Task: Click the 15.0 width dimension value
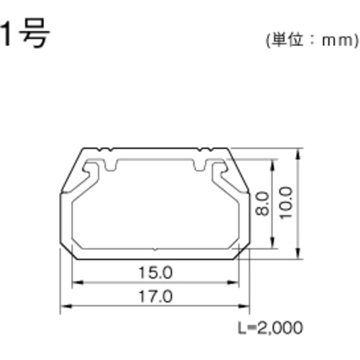click(x=156, y=273)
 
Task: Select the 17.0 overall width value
click(x=156, y=297)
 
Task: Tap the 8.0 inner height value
click(x=262, y=204)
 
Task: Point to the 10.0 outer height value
click(x=286, y=203)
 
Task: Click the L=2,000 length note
click(x=270, y=328)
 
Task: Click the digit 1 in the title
click(x=6, y=33)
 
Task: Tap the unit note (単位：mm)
click(x=312, y=40)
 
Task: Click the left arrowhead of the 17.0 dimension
click(x=66, y=306)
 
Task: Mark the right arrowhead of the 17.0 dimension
click(x=243, y=306)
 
